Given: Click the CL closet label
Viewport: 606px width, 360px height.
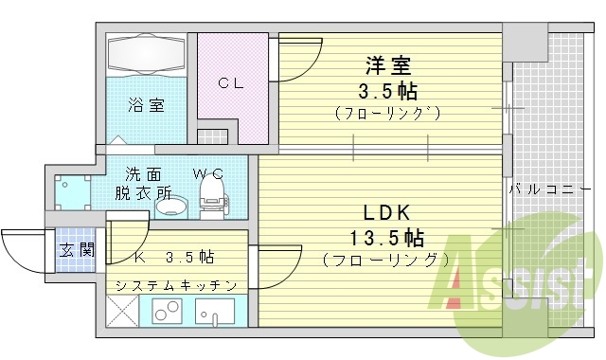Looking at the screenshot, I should click(x=232, y=83).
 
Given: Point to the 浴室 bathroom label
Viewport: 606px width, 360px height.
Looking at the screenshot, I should click(x=147, y=105).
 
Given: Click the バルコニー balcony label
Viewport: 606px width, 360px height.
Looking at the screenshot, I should click(x=542, y=189).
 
